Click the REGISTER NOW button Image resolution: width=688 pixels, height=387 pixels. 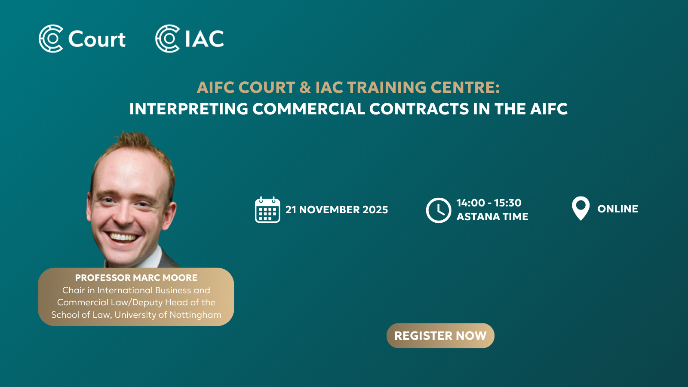click(440, 335)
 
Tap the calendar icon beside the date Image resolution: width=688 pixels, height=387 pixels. click(267, 209)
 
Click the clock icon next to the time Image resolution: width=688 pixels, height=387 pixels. click(438, 210)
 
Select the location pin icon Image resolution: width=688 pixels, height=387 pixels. click(580, 208)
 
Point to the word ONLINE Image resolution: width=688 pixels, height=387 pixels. click(617, 209)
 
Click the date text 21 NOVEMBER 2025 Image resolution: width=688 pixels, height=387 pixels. click(337, 210)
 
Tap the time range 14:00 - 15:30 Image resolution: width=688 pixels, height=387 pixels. click(488, 203)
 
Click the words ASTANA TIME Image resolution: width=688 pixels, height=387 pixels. click(492, 217)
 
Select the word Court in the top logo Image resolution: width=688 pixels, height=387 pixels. click(97, 39)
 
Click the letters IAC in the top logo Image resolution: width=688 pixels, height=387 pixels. click(205, 39)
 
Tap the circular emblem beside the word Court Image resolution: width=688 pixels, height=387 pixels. click(51, 38)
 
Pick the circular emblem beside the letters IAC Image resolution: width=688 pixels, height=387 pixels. click(167, 38)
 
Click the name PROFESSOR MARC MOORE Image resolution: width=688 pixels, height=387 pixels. click(136, 278)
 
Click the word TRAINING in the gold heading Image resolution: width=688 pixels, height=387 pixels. click(387, 87)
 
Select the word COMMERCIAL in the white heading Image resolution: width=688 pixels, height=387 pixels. click(309, 109)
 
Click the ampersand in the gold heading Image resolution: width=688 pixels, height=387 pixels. click(305, 87)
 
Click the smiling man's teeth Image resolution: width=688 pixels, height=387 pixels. click(123, 237)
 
